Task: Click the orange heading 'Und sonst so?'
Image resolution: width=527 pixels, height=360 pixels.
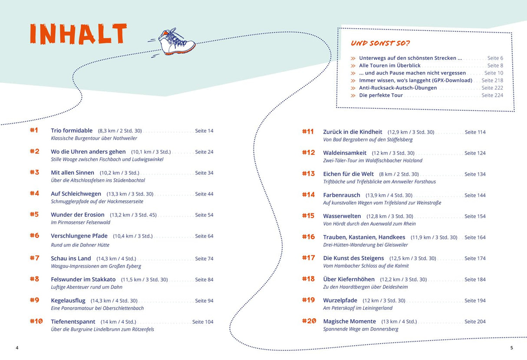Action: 380,43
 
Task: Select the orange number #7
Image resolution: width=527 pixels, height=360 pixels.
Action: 34,258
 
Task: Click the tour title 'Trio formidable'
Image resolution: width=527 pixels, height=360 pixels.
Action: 72,131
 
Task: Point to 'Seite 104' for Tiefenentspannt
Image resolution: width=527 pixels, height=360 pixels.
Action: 203,322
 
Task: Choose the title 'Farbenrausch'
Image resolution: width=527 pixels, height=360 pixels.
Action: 342,195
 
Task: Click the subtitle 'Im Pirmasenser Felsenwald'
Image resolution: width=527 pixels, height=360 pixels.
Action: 80,223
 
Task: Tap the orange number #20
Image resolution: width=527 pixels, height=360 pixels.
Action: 308,321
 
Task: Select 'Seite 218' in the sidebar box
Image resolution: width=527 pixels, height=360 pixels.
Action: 492,80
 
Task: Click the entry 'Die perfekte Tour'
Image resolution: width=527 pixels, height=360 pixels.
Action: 381,95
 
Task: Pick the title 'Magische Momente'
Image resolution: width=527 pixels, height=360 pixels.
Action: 349,321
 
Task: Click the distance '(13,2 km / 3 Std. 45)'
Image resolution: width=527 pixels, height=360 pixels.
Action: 133,215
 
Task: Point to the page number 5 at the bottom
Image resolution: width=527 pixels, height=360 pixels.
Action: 511,348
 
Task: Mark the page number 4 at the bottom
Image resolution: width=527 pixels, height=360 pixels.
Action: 17,348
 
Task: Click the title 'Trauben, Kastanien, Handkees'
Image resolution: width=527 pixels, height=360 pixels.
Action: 364,237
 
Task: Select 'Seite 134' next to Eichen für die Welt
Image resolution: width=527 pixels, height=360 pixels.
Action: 475,174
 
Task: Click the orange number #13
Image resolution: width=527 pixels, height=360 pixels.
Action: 308,174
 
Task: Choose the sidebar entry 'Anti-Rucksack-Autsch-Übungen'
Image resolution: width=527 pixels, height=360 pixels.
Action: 398,88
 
